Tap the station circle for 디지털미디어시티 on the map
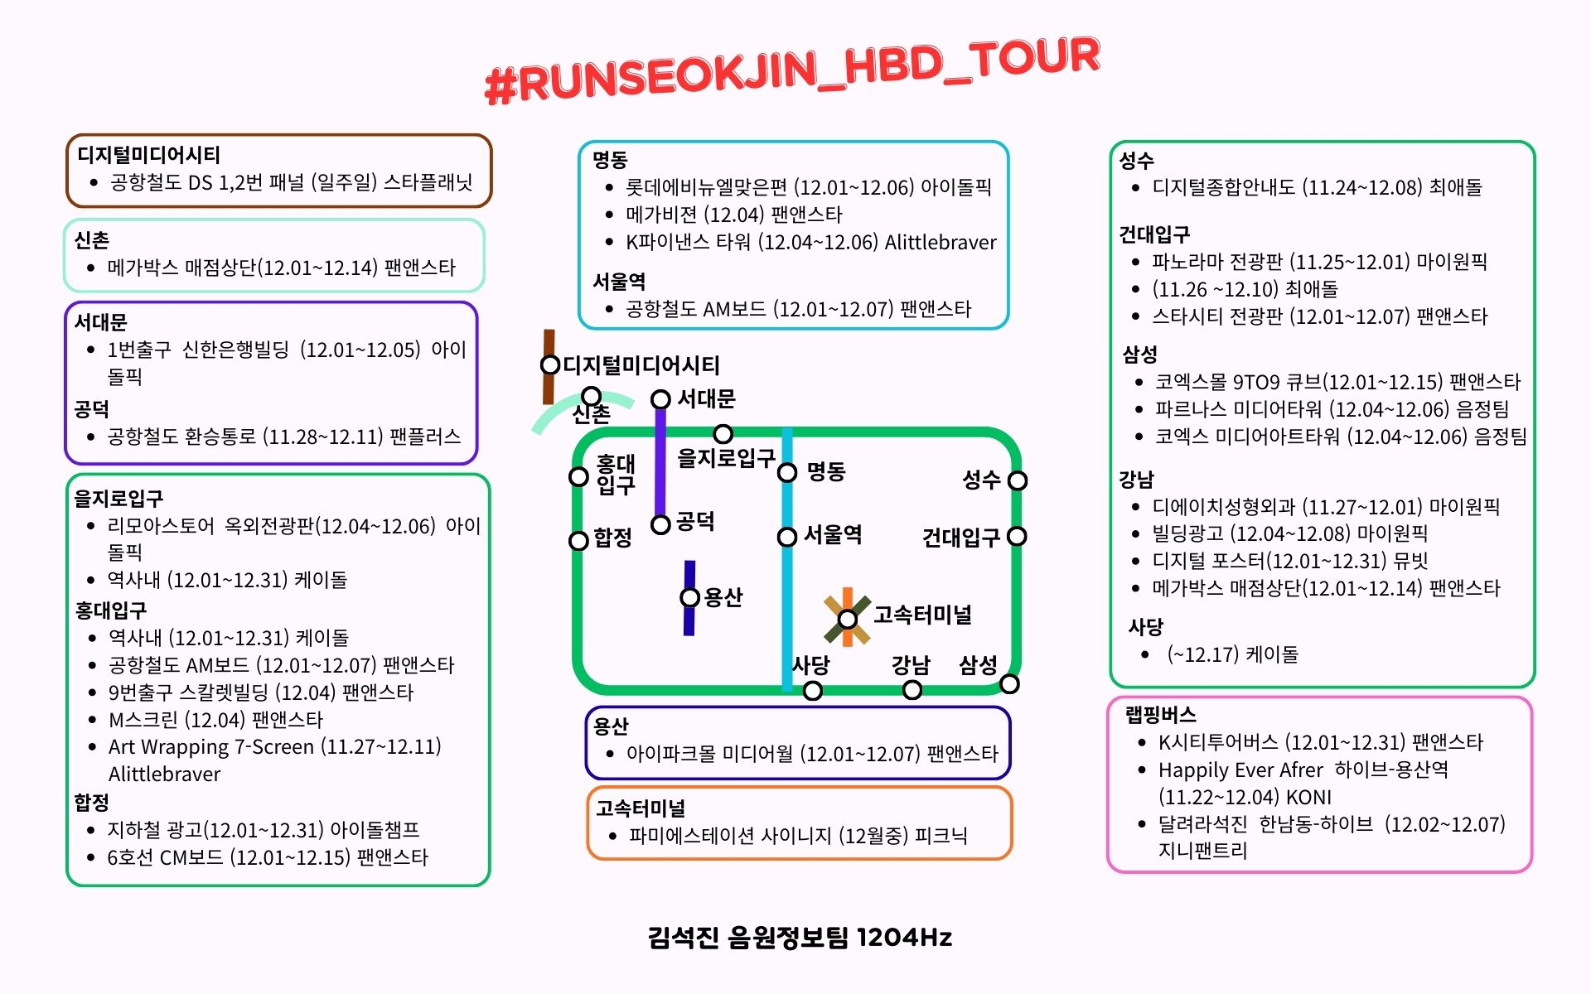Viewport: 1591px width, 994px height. tap(549, 364)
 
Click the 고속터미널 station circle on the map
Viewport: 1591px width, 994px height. tap(847, 619)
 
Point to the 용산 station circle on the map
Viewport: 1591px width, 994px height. tap(689, 597)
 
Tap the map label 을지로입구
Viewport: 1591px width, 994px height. tap(726, 458)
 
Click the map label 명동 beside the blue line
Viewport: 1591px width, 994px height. tap(826, 471)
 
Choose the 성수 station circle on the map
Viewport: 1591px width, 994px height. tap(1018, 480)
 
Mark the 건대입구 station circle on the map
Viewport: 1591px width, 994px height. tap(1018, 537)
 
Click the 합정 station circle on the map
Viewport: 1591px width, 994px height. tap(578, 541)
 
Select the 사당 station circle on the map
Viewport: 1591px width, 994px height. tap(813, 691)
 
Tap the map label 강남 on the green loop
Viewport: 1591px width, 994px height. tap(911, 665)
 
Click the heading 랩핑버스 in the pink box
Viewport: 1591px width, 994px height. tap(1160, 715)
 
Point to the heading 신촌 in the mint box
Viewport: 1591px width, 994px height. tap(92, 240)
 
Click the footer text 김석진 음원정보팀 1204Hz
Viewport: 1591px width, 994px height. tap(800, 937)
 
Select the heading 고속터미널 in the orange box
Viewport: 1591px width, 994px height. tap(641, 808)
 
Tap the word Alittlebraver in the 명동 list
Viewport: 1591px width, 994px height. tap(941, 243)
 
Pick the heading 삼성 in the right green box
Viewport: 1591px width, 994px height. tap(1139, 355)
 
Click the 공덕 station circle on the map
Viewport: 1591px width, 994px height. tap(660, 524)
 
